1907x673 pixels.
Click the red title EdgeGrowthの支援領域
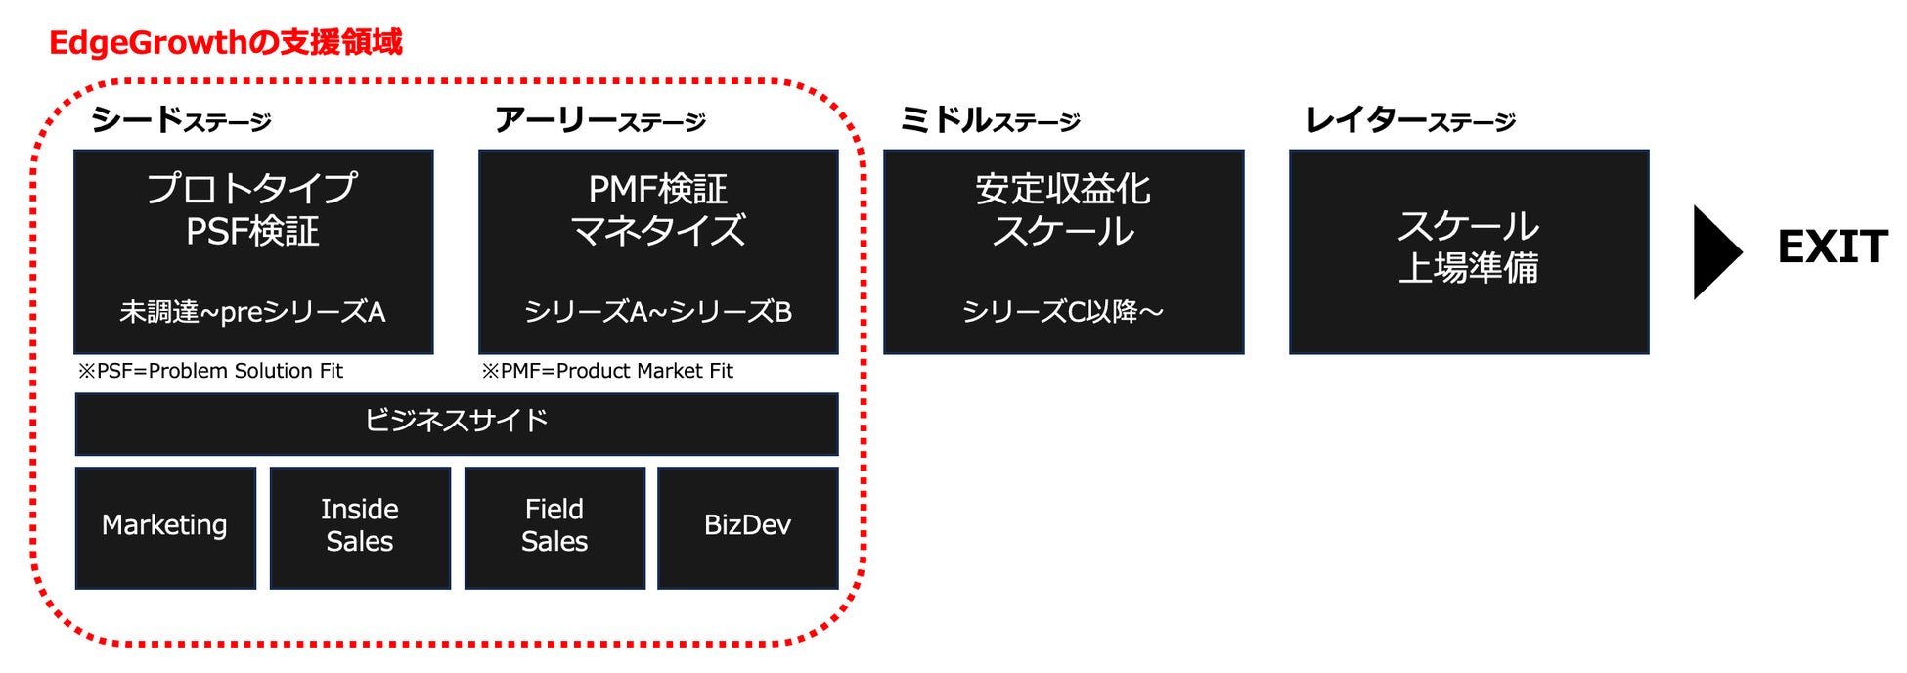[x=225, y=42]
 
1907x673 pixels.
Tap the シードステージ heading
[x=181, y=120]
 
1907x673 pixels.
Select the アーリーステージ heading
[x=599, y=120]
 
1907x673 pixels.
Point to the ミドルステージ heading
[x=989, y=120]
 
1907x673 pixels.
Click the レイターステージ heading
[x=1410, y=120]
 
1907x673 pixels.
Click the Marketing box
[x=165, y=526]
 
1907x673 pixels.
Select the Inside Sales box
[x=360, y=526]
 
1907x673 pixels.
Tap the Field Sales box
[x=554, y=526]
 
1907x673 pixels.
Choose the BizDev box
[x=748, y=526]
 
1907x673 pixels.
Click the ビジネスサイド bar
[x=456, y=422]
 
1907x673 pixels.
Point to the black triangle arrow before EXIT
[x=1715, y=251]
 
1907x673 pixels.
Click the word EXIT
[x=1832, y=247]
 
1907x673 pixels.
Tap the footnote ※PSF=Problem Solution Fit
[x=211, y=371]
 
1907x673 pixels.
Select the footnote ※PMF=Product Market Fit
[x=607, y=371]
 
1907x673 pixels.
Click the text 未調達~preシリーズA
[x=252, y=312]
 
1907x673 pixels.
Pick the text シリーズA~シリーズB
[x=658, y=312]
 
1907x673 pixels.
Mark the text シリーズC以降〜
[x=1063, y=312]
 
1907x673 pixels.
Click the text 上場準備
[x=1468, y=268]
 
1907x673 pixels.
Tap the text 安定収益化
[x=1063, y=189]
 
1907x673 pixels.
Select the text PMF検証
[x=658, y=189]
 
